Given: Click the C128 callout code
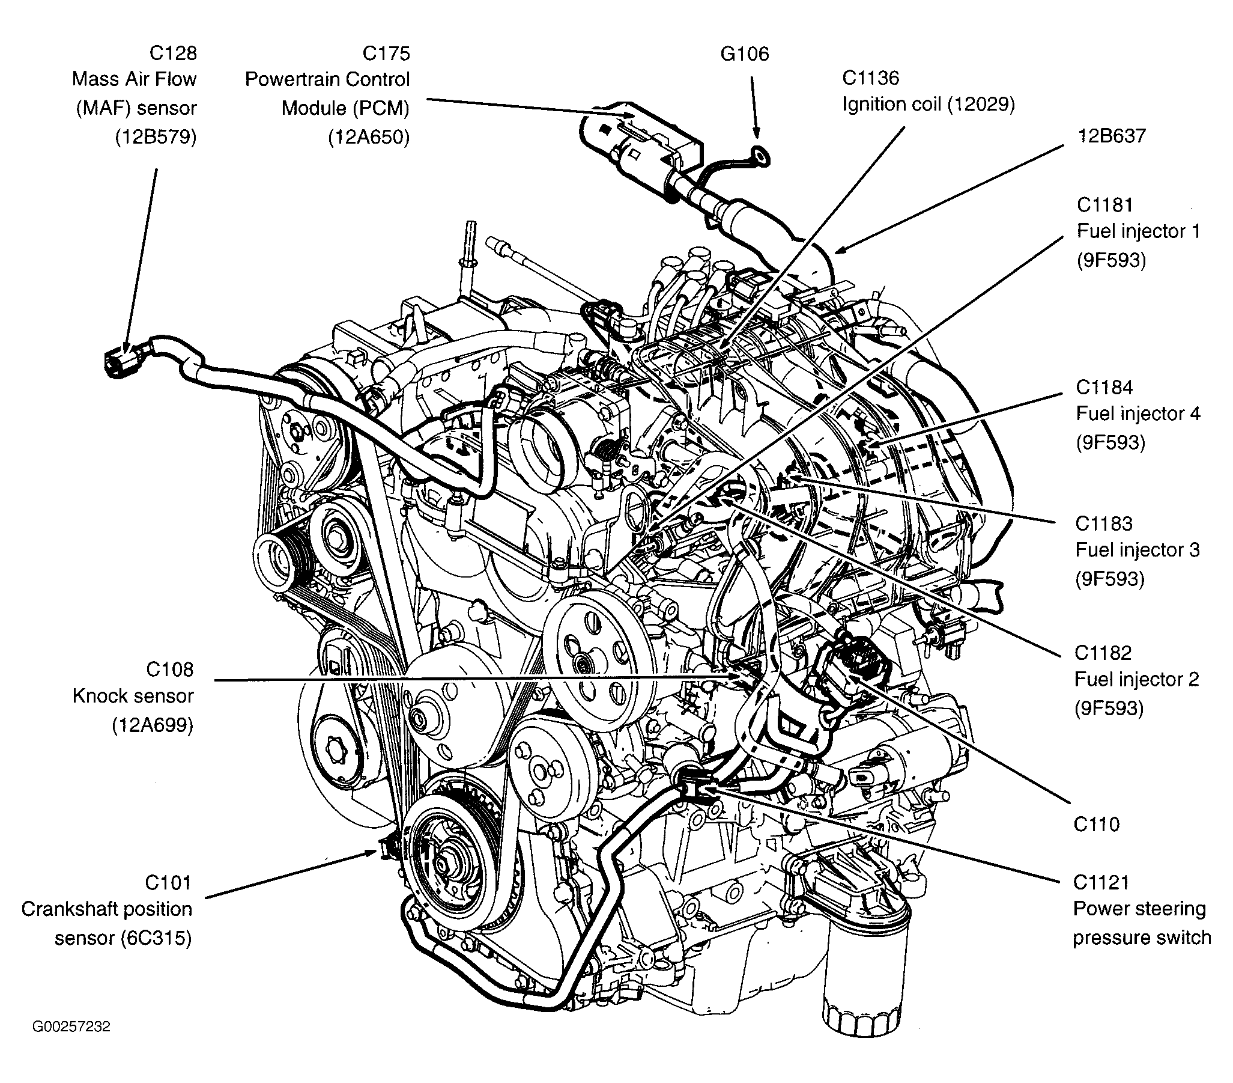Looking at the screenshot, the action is [172, 53].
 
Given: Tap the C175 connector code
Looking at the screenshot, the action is [386, 53].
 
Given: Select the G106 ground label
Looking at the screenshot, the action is [745, 53].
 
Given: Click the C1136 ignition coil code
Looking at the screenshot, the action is [870, 78].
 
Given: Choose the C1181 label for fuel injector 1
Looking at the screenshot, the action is [1105, 205].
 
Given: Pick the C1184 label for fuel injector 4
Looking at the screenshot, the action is [1104, 387].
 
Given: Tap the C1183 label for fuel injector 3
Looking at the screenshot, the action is [1104, 523].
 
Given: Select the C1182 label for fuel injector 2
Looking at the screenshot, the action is [1103, 653].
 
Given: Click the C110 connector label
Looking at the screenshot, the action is [1097, 824].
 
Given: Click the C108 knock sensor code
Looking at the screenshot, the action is [169, 670].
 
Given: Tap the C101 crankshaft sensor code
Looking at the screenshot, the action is [168, 883].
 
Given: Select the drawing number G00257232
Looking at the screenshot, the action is [72, 1027].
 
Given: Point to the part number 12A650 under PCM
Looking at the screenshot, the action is [369, 137].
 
